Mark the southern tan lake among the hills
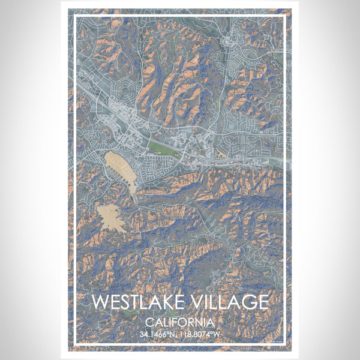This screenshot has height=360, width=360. click(x=111, y=218)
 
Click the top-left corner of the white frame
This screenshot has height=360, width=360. click(x=74, y=16)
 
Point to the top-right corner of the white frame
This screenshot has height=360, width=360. click(x=286, y=16)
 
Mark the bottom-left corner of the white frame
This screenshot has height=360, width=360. click(x=74, y=343)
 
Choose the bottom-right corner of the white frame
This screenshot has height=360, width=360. click(x=286, y=343)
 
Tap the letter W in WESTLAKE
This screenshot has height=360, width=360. click(x=100, y=301)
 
